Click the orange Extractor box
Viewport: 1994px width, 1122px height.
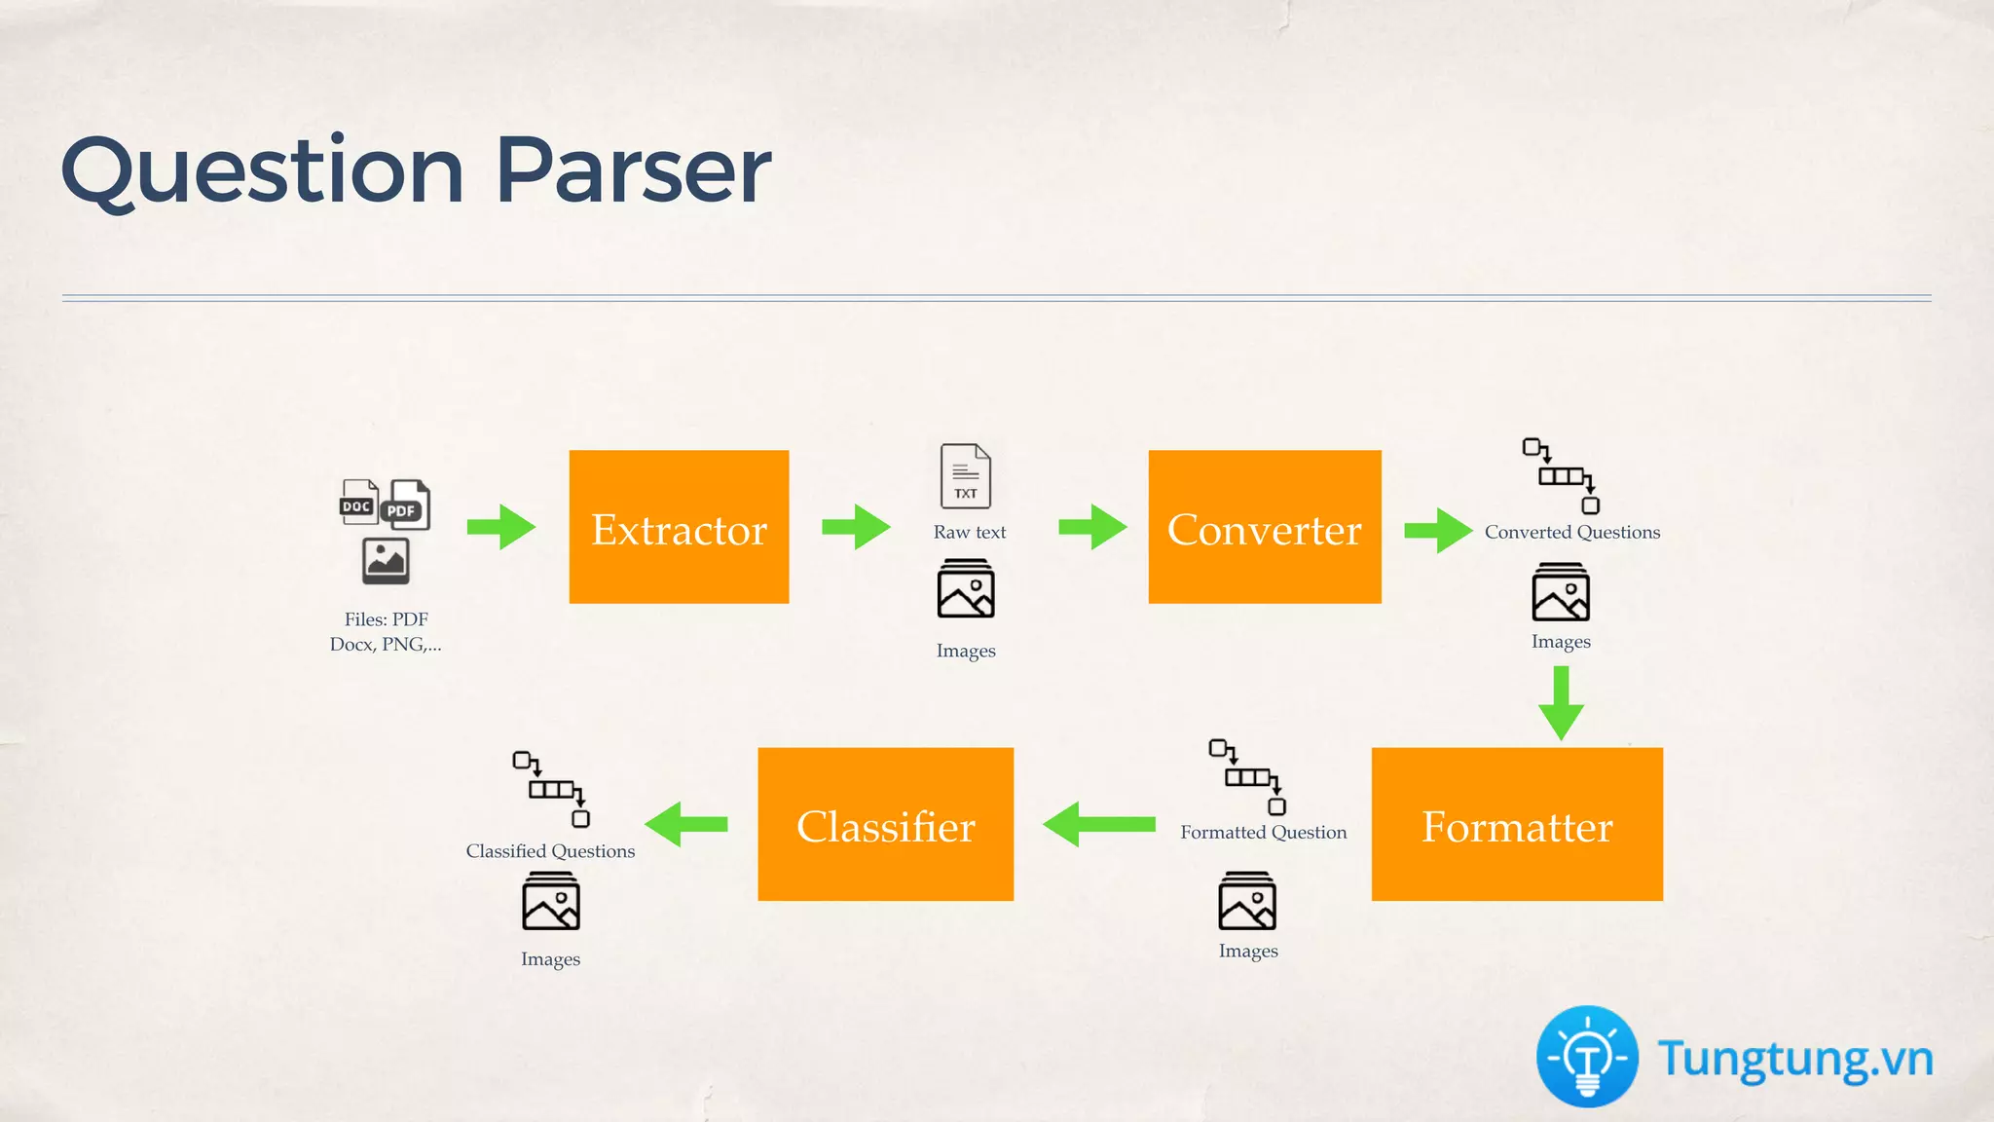point(679,527)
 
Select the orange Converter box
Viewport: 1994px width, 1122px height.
point(1265,527)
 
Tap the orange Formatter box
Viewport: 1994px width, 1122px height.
point(1517,824)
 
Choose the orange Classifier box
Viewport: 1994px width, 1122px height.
point(885,824)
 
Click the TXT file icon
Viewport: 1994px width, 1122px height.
point(965,476)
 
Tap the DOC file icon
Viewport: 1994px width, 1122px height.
point(358,502)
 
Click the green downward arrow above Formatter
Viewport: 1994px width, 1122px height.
point(1561,703)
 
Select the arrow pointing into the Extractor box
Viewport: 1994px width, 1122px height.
point(501,527)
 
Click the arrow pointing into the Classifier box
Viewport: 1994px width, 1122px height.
point(1098,824)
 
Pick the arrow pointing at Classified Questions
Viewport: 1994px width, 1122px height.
point(686,824)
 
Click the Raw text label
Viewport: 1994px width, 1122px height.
point(970,533)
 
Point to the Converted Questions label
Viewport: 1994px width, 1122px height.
point(1572,533)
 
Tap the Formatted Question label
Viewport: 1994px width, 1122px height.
point(1264,833)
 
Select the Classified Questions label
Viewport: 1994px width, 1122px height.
point(550,851)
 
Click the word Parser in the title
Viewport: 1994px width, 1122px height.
point(634,170)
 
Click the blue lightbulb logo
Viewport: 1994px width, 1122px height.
point(1587,1057)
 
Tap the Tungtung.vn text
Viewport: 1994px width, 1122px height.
point(1795,1059)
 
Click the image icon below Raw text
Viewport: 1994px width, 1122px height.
point(966,589)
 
